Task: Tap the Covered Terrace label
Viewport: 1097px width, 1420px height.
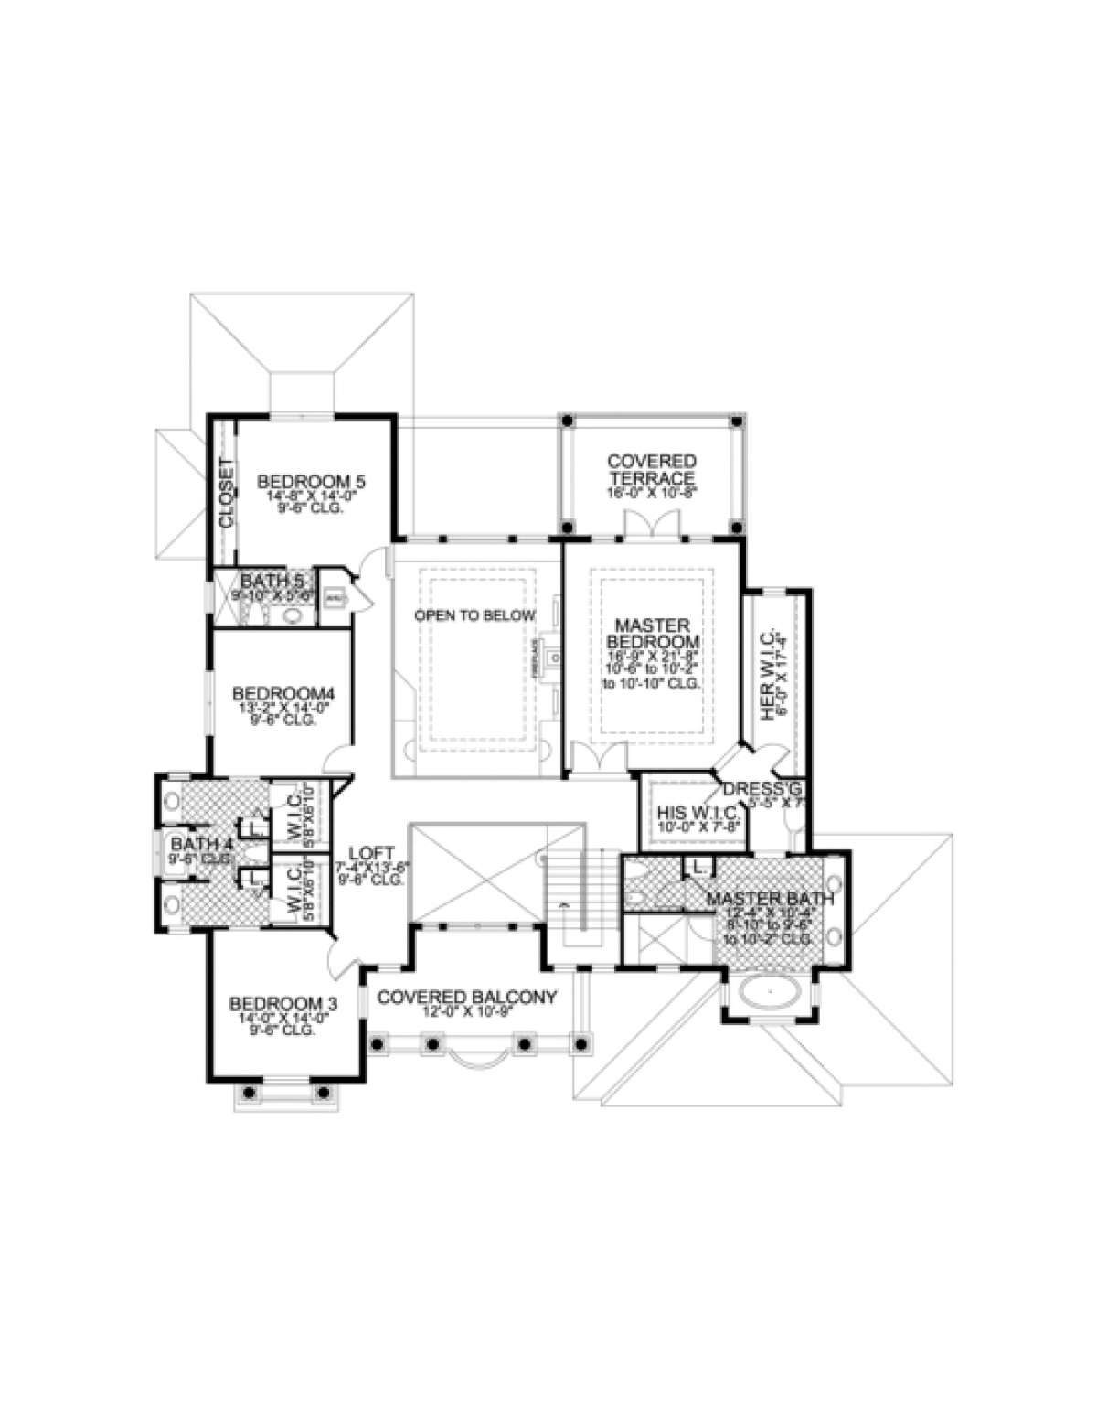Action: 652,470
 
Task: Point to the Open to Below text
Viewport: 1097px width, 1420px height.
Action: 474,615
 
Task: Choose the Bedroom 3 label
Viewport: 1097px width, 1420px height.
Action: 282,1003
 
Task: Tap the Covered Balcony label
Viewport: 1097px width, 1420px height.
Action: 466,997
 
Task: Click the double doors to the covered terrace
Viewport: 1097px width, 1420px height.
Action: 652,526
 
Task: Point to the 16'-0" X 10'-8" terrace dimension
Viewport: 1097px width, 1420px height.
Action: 652,491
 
